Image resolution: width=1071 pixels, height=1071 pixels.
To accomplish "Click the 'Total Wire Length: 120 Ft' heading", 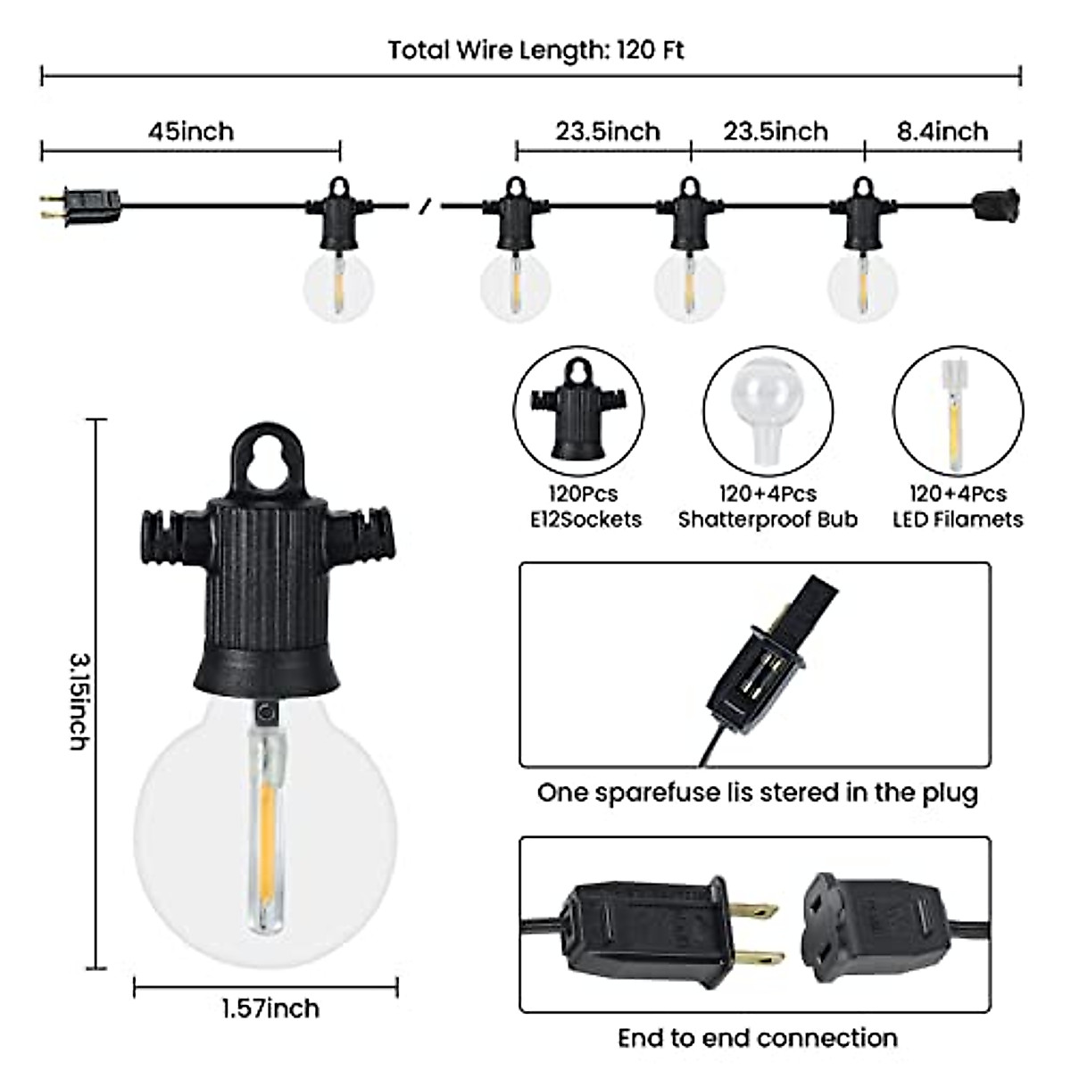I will [x=535, y=50].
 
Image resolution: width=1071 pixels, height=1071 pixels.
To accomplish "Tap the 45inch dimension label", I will [x=191, y=131].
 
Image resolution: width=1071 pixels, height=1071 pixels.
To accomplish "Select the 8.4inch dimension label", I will [x=942, y=131].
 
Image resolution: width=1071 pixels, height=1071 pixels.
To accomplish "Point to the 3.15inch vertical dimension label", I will [x=80, y=700].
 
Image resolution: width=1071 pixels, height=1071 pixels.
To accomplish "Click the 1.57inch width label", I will [x=270, y=1009].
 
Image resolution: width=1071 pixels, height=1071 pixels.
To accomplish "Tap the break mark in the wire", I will [x=426, y=205].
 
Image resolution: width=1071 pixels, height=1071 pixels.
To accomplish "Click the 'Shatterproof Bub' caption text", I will [x=768, y=519].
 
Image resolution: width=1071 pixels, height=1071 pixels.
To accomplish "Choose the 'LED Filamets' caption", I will [x=958, y=519].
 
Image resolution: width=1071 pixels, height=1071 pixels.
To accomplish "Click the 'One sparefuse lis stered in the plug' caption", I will [x=757, y=793].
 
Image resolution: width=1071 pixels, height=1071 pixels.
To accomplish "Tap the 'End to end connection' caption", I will [x=757, y=1038].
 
